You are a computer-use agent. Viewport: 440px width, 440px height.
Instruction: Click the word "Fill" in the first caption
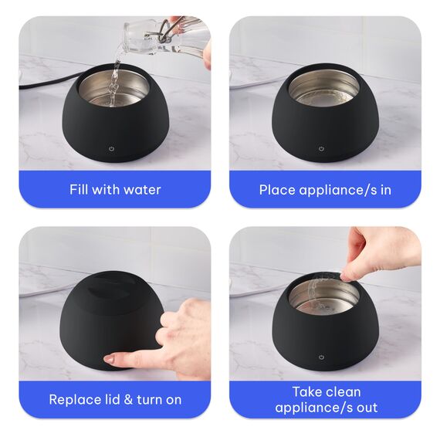79,189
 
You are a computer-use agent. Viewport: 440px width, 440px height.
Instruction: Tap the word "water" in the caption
142,190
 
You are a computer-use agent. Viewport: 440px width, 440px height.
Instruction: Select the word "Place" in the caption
277,190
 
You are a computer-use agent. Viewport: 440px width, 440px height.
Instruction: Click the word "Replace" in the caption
72,400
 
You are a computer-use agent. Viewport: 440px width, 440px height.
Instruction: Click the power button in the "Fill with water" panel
111,149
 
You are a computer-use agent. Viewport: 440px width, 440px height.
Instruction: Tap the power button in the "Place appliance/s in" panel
321,149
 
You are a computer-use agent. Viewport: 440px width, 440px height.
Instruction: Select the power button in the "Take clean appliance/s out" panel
322,357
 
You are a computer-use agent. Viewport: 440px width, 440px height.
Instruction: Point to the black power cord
45,83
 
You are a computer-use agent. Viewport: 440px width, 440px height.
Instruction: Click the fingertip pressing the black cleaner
110,359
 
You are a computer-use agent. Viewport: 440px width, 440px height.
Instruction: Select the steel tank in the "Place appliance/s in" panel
324,87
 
